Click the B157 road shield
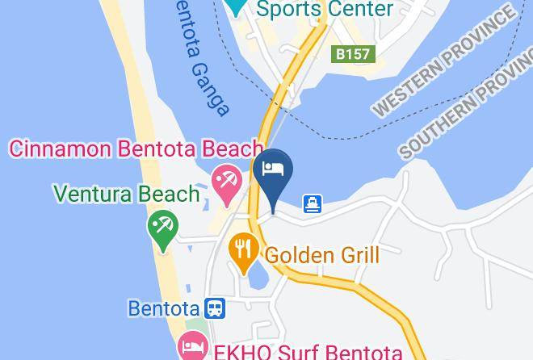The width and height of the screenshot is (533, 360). [x=353, y=55]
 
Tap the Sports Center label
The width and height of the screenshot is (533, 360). [x=325, y=10]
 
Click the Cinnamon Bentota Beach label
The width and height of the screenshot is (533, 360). [x=136, y=149]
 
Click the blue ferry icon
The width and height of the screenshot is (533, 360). [x=313, y=204]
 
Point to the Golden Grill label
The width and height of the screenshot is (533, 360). [x=322, y=256]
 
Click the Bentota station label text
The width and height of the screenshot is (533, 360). [x=165, y=308]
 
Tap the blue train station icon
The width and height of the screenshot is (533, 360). [x=215, y=308]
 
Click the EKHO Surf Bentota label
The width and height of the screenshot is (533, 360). [x=307, y=352]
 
